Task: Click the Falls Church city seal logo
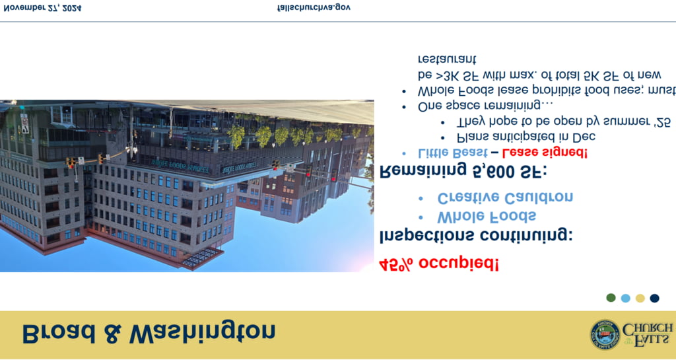tap(605, 334)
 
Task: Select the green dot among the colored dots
tap(611, 297)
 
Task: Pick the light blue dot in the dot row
tap(625, 298)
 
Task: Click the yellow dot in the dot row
tap(640, 298)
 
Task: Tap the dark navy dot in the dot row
tap(654, 298)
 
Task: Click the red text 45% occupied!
tap(438, 264)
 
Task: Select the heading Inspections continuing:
tap(475, 236)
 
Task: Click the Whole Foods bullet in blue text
tap(487, 217)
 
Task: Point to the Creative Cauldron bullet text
tap(505, 198)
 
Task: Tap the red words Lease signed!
tap(545, 152)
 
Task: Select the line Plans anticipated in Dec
tap(526, 137)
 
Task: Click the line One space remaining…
tap(485, 106)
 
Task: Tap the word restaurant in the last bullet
tap(447, 59)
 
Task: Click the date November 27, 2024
tap(42, 7)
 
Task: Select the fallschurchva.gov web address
tap(314, 7)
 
